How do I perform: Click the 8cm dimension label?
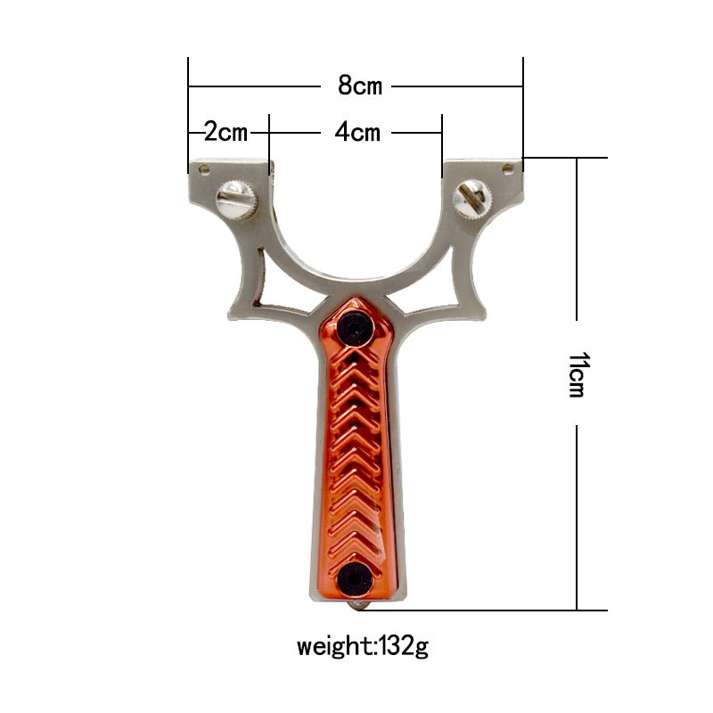pos(359,86)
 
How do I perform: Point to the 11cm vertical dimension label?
pos(577,373)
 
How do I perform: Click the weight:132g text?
pos(362,644)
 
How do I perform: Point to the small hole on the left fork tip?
pos(204,168)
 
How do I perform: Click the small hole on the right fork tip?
pos(509,167)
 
